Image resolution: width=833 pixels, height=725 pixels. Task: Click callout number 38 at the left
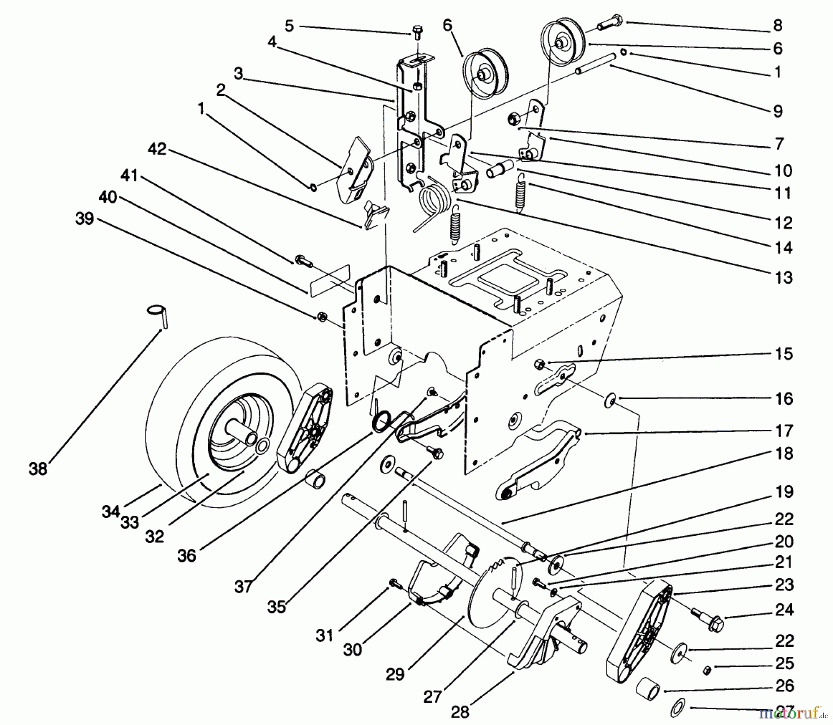(x=38, y=469)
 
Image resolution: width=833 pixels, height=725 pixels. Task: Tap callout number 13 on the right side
(x=783, y=278)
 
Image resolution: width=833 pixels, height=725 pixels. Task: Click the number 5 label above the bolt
(x=289, y=26)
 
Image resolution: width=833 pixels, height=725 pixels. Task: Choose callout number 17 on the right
(x=784, y=431)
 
